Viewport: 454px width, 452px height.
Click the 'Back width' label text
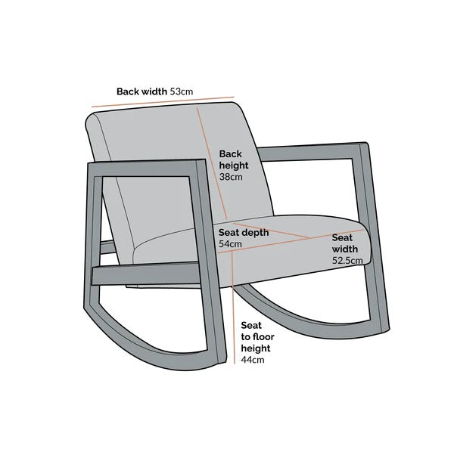141,91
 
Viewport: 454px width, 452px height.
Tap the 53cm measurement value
182,91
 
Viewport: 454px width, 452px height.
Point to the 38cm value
230,177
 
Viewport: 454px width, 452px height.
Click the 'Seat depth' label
244,233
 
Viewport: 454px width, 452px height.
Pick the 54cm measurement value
230,244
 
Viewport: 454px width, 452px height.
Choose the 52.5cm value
347,260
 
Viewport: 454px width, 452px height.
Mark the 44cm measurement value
253,361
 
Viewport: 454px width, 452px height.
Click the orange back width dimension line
163,103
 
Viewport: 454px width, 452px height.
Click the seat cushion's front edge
303,257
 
